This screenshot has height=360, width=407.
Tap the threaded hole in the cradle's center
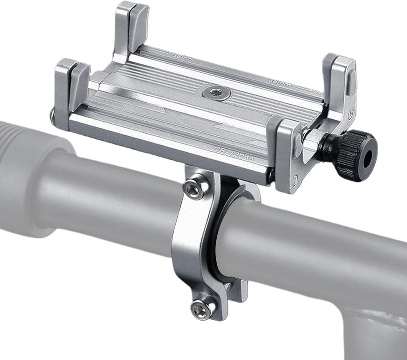point(216,93)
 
